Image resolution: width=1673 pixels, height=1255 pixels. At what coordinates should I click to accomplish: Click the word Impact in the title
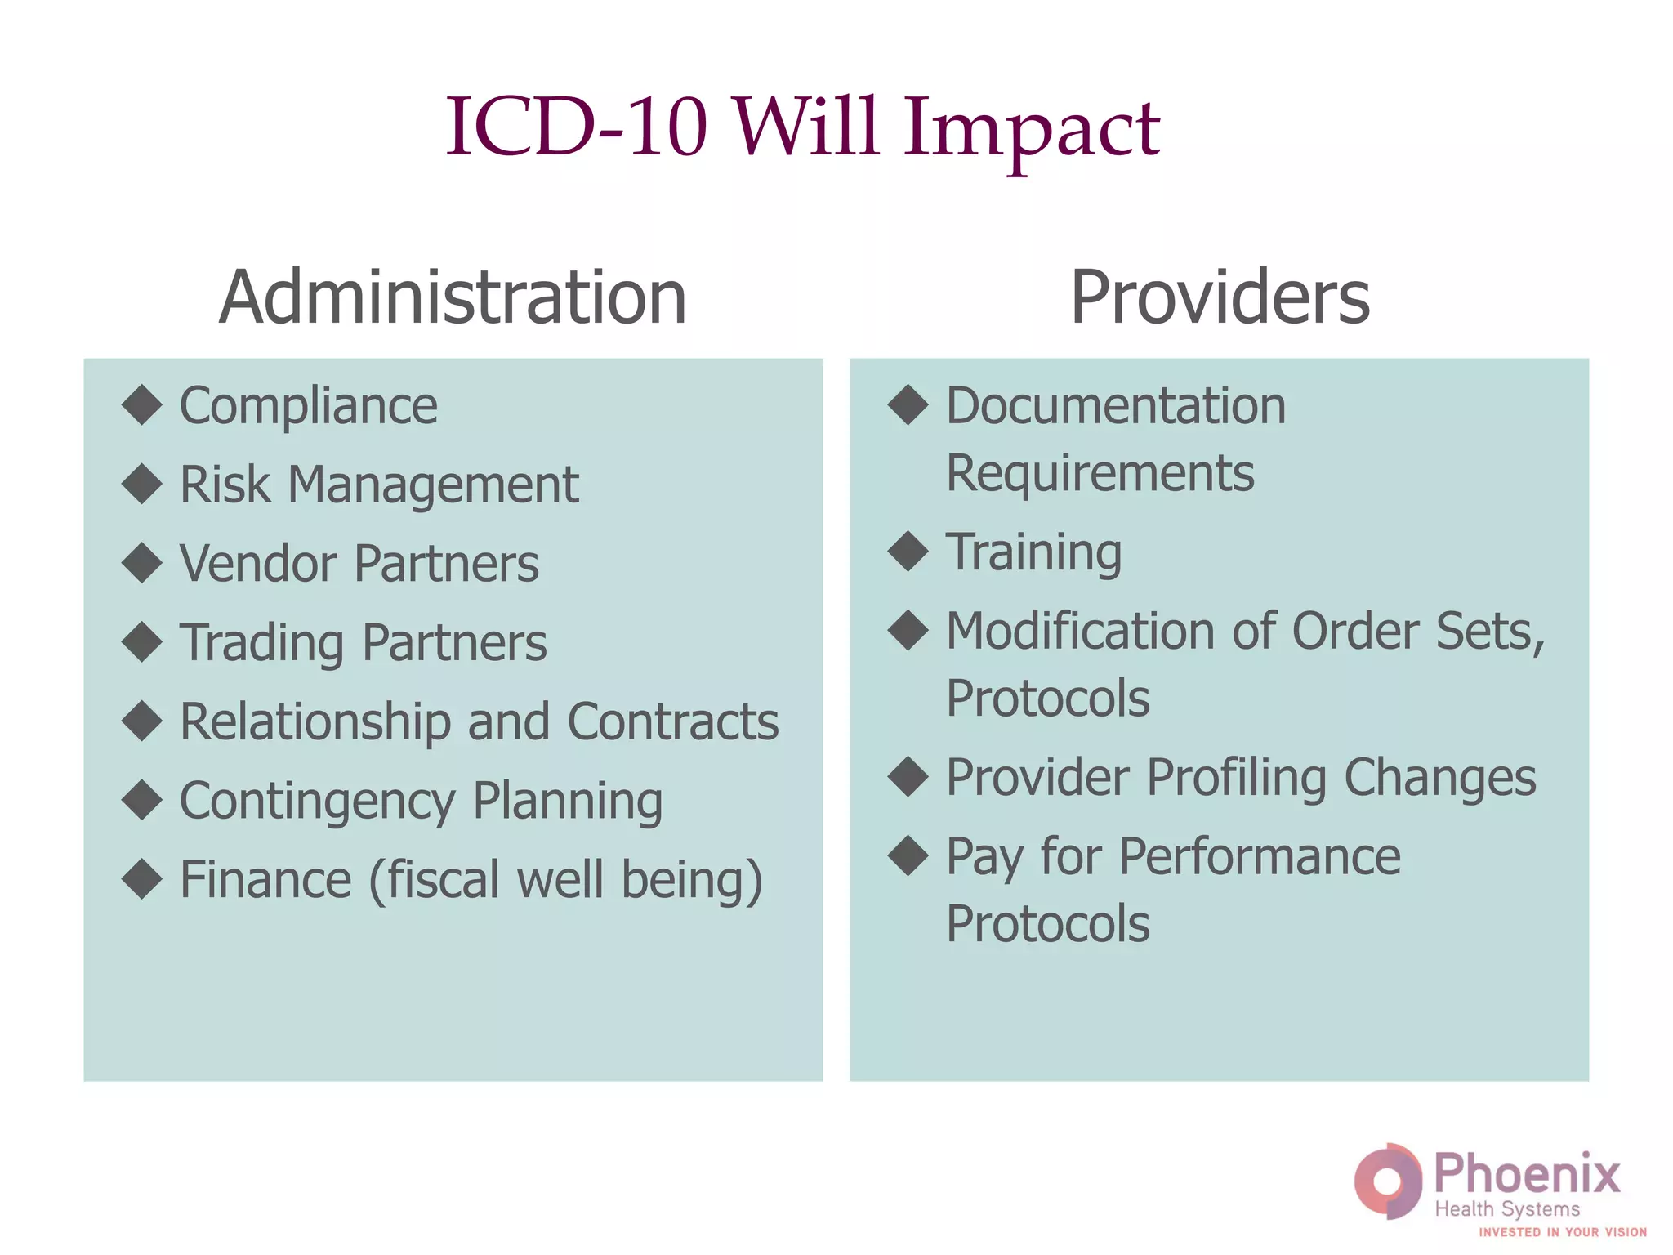1031,129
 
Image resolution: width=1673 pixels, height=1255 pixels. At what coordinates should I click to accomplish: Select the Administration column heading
453,297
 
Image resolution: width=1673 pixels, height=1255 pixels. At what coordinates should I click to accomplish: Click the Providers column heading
1220,297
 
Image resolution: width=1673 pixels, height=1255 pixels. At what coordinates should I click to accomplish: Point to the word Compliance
308,406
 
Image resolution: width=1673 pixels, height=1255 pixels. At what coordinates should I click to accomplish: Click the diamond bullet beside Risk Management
142,484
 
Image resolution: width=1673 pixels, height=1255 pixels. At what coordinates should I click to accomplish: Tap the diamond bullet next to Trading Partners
142,642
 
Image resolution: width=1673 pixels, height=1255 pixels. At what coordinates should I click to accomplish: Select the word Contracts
672,722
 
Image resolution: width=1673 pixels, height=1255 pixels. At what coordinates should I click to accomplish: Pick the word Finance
265,880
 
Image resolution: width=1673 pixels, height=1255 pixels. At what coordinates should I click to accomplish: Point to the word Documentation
1115,406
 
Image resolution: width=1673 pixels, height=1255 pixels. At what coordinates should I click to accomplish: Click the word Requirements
1100,474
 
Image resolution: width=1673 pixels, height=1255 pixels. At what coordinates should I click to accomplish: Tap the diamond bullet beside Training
908,552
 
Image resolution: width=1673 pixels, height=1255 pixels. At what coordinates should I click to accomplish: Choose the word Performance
1259,857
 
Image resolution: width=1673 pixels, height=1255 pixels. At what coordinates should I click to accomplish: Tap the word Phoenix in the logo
1527,1174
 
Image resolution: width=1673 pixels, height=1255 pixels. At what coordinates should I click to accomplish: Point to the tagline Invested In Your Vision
1562,1232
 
